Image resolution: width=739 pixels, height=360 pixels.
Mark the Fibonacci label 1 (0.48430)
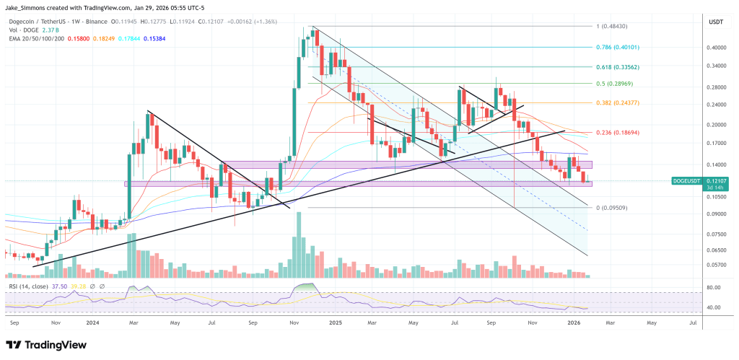(x=614, y=26)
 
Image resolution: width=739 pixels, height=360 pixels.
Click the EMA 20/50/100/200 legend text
(x=37, y=38)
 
